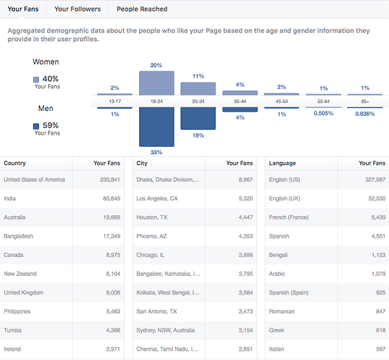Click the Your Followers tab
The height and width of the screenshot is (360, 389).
pyautogui.click(x=77, y=9)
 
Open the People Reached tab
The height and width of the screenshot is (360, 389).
pyautogui.click(x=142, y=9)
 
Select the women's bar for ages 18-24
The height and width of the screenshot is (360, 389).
pyautogui.click(x=156, y=84)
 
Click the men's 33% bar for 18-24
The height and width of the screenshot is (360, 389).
pyautogui.click(x=156, y=127)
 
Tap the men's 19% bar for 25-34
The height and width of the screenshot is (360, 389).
pyautogui.click(x=198, y=118)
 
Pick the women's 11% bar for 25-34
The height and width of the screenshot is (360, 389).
pyautogui.click(x=198, y=89)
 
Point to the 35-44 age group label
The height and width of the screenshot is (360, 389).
pyautogui.click(x=240, y=102)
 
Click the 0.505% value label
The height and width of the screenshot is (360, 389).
pyautogui.click(x=323, y=113)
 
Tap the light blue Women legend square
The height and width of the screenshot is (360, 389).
pyautogui.click(x=36, y=80)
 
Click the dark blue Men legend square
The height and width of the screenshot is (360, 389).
pyautogui.click(x=36, y=126)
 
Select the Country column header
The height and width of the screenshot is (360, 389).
pyautogui.click(x=14, y=163)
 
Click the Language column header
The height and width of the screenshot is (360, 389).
pyautogui.click(x=282, y=163)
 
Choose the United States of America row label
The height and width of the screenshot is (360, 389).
pyautogui.click(x=35, y=180)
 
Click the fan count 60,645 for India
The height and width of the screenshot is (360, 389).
pyautogui.click(x=112, y=199)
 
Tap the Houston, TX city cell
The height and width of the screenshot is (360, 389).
pyautogui.click(x=152, y=217)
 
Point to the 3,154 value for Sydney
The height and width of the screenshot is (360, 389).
pyautogui.click(x=246, y=330)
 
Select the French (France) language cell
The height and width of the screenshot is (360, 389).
pyautogui.click(x=289, y=217)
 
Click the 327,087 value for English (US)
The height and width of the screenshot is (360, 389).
pyautogui.click(x=375, y=180)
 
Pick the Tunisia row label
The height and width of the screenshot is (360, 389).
pyautogui.click(x=12, y=330)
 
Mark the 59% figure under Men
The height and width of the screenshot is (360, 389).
pyautogui.click(x=50, y=125)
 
